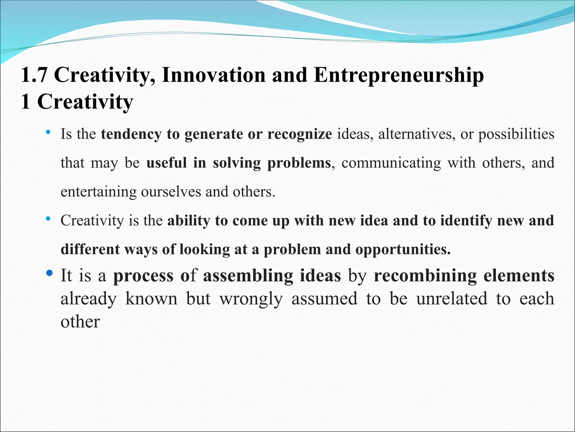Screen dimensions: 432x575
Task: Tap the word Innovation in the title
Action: pos(214,75)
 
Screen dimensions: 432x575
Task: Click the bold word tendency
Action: pos(131,134)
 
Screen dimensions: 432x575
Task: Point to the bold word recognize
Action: pos(300,134)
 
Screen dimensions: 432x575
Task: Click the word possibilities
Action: pos(516,134)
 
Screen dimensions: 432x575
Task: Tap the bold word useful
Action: pos(166,163)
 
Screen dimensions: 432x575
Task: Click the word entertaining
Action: pos(99,192)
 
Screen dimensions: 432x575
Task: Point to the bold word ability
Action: pos(189,221)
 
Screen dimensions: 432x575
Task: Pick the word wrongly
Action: pos(251,299)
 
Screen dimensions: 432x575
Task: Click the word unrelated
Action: pos(452,299)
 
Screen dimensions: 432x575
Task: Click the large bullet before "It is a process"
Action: pos(49,273)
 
